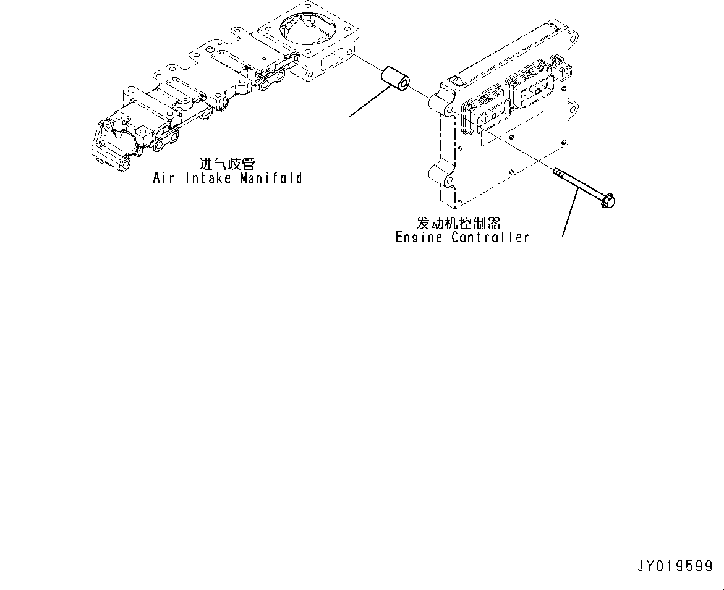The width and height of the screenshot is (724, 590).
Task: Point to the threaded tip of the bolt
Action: pos(557,172)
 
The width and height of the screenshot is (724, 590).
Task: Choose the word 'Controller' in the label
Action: pos(490,237)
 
